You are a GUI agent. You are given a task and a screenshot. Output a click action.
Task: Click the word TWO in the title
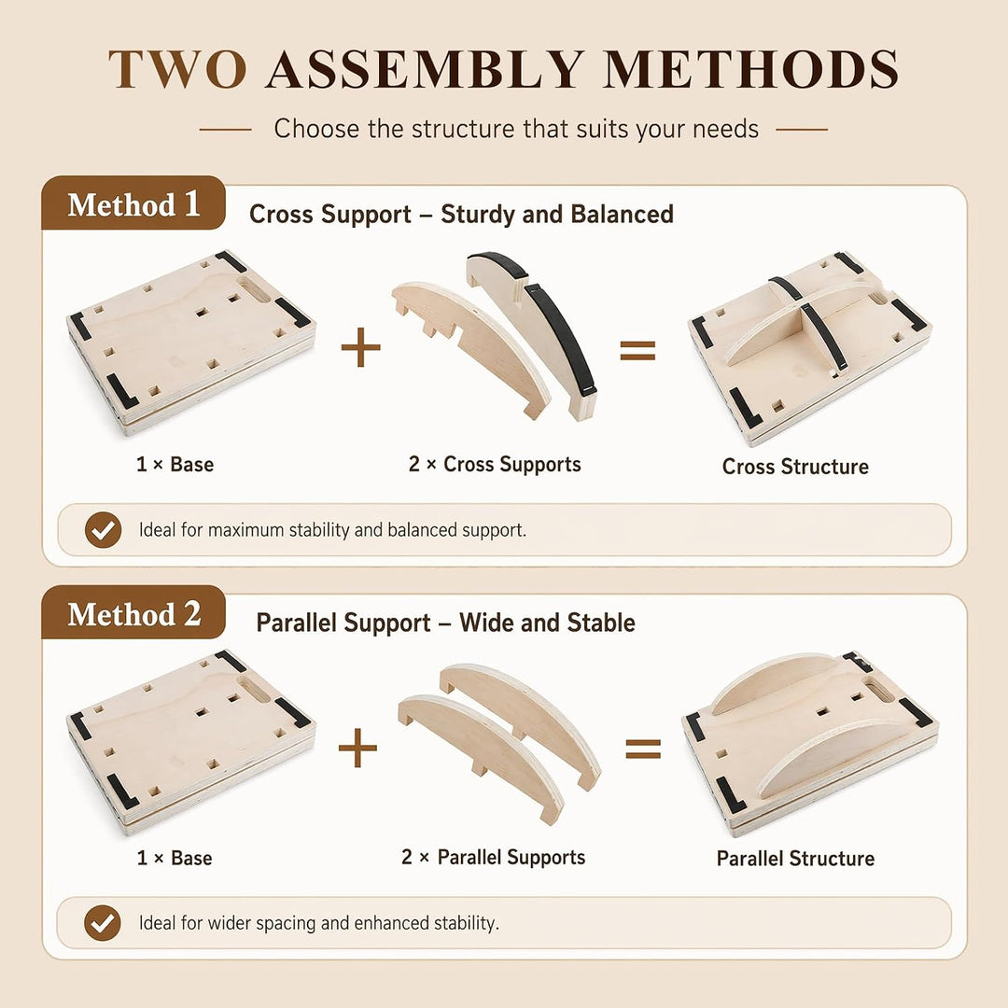pos(177,69)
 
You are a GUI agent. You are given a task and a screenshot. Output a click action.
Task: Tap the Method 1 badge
pos(133,203)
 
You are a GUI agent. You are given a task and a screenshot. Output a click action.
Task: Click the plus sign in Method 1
pos(360,347)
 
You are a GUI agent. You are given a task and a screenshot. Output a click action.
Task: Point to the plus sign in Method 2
pos(357,748)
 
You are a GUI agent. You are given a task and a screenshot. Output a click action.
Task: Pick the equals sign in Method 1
pos(637,350)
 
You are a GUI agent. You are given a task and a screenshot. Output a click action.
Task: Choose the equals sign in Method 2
pos(643,749)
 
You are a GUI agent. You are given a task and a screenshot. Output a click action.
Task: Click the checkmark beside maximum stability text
pos(103,530)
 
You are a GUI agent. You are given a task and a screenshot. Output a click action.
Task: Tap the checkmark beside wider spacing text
pos(103,923)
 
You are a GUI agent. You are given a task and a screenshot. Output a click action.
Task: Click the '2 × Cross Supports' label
pos(495,464)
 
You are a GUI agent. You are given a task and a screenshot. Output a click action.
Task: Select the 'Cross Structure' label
pos(795,466)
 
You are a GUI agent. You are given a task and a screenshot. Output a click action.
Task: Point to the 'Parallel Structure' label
pos(795,859)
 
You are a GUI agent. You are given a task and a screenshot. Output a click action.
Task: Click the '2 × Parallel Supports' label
pos(493,857)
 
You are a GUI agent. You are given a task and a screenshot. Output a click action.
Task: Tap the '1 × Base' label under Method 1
pos(175,464)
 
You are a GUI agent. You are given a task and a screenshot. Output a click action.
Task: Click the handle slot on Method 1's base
pos(255,290)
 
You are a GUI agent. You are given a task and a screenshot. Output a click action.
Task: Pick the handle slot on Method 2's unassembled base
pos(254,689)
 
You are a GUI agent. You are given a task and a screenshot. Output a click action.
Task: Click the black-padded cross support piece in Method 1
pos(535,334)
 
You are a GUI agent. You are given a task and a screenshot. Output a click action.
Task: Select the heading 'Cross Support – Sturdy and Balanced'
pos(461,214)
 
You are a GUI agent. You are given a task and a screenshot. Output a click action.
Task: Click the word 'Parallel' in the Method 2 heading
pos(343,623)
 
